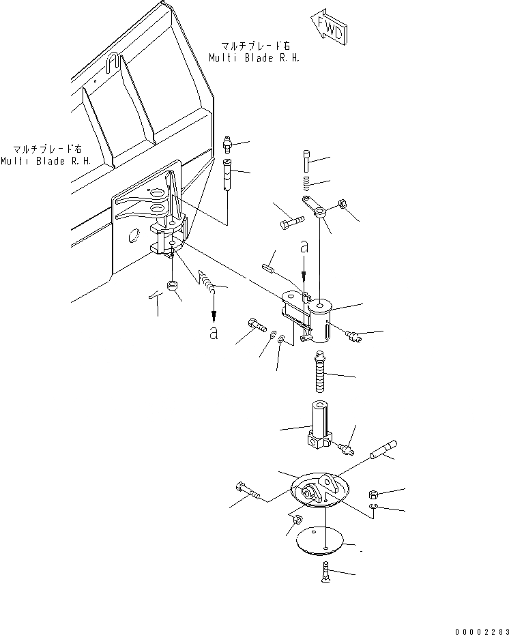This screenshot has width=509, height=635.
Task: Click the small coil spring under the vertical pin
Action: [306, 183]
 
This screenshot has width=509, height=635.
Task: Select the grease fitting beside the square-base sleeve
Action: [347, 447]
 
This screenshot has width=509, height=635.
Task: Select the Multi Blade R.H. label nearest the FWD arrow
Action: [254, 53]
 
